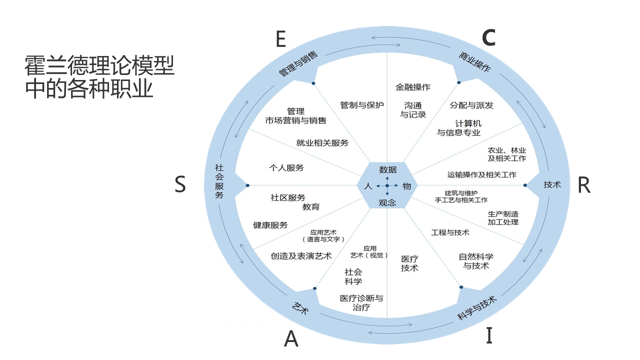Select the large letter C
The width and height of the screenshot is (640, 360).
pos(488,37)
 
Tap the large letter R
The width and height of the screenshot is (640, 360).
pos(583,185)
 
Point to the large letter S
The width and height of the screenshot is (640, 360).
pos(180,185)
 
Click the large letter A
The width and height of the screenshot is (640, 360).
pos(291,339)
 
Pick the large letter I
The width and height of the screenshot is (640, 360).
pos(489,335)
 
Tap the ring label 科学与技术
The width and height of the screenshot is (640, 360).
pos(476,308)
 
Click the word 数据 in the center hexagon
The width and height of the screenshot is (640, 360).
pos(387,169)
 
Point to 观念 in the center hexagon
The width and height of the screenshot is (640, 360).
pos(387,202)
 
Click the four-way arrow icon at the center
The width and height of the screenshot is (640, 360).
pos(387,186)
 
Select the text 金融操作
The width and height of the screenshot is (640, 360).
pos(413,87)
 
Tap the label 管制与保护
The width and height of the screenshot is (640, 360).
pos(362,105)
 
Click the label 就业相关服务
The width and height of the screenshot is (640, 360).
pos(322,142)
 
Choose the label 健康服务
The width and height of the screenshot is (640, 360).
pos(270,225)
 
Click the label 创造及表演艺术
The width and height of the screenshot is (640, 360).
pos(301,256)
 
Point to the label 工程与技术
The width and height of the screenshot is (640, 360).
pos(450,232)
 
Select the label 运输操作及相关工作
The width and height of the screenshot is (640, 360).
pos(482,174)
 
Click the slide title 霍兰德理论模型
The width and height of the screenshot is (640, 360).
pos(100,65)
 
